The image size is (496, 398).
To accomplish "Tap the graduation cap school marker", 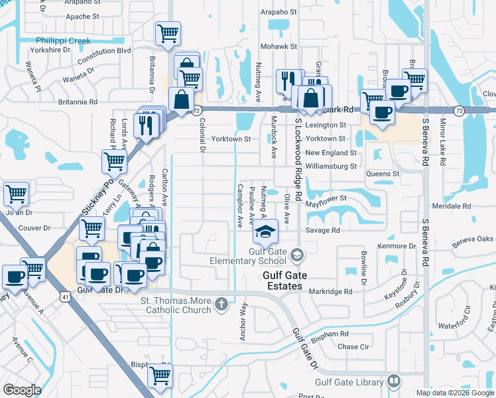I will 265,232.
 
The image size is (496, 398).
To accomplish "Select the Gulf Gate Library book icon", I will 394,381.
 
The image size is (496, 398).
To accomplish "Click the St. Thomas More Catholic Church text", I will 175,305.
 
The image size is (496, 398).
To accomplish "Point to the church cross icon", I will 221,305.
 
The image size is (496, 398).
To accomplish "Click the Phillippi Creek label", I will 64,40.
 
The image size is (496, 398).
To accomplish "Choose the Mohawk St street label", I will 278,47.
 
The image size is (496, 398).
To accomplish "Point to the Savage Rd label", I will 323,230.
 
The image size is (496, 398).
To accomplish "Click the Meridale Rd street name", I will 451,206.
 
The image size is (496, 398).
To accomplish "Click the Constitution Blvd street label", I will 104,50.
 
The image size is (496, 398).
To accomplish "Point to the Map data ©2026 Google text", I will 454,393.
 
